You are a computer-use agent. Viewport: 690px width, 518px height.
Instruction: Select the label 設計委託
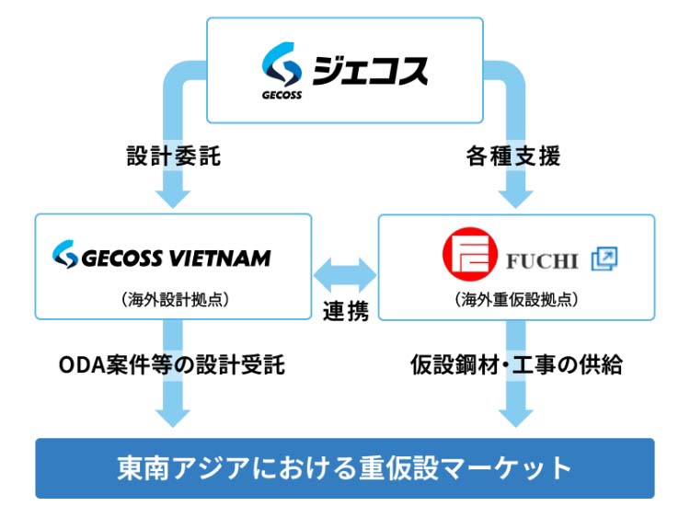[x=174, y=156]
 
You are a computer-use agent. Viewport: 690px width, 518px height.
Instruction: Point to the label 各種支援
[x=514, y=156]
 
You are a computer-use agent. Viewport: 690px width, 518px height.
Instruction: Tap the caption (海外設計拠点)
[x=174, y=298]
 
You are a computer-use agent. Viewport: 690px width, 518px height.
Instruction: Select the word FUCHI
[x=542, y=260]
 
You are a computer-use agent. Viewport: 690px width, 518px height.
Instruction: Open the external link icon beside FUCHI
[x=604, y=259]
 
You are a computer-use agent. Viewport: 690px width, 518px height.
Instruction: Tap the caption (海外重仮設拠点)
[x=516, y=298]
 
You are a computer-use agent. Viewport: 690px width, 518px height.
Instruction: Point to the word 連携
[x=346, y=312]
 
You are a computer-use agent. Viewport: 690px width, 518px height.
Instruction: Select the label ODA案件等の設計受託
[x=172, y=365]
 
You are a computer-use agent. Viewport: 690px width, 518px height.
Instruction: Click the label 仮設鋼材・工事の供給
[x=516, y=365]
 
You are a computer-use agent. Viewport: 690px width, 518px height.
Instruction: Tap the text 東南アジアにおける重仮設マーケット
[x=345, y=467]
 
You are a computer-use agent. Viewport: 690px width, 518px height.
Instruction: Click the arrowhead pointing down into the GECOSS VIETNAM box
[x=174, y=197]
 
